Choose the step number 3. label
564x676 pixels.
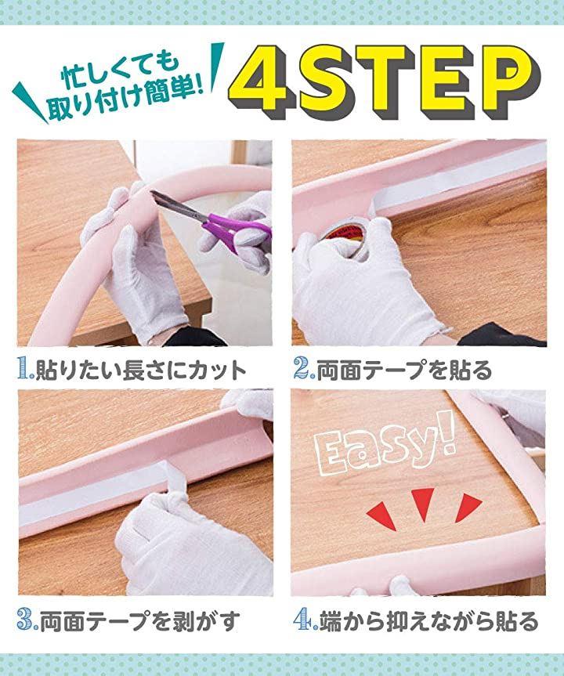(x=27, y=620)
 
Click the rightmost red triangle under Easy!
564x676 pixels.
(x=468, y=507)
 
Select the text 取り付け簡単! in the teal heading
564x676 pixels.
(x=125, y=102)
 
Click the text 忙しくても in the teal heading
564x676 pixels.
(x=120, y=69)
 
